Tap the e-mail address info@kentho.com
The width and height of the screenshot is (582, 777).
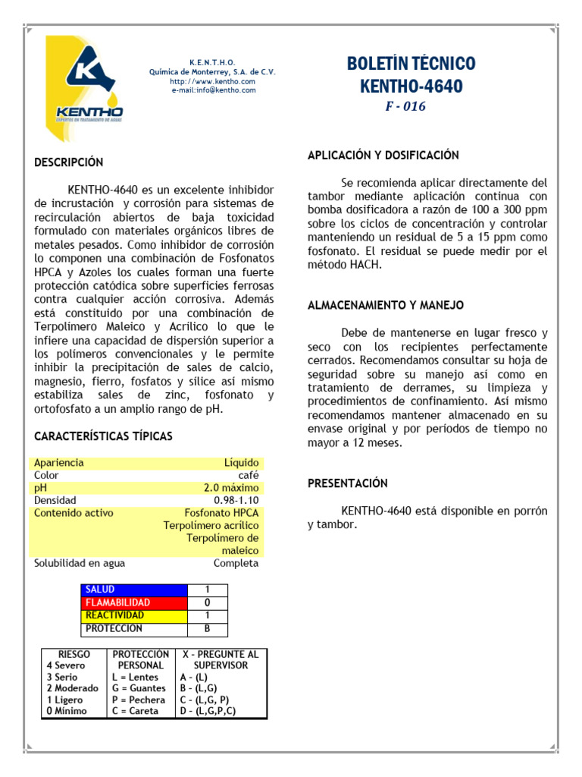tap(213, 90)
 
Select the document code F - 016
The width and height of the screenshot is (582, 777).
tap(405, 107)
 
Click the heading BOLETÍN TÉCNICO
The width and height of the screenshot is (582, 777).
tap(411, 64)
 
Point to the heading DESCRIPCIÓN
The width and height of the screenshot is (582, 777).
tap(68, 162)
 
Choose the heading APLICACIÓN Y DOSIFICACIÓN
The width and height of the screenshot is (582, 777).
tap(383, 155)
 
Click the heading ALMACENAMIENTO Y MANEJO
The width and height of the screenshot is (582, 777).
tap(386, 305)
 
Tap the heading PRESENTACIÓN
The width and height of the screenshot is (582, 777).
tap(348, 483)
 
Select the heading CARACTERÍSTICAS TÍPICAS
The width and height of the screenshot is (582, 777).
tap(103, 436)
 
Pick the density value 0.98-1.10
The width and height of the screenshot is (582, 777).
tap(236, 501)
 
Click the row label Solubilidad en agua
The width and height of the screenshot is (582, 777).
tap(80, 563)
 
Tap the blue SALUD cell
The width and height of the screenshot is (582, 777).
tap(134, 590)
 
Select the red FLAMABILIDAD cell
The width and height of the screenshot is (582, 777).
tap(134, 602)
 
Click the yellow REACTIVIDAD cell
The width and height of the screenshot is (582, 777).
tap(134, 615)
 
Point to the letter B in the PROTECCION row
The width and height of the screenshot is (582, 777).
tap(207, 628)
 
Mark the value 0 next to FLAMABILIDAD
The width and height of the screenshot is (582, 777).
tap(207, 602)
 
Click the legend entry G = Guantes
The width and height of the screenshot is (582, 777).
tap(138, 688)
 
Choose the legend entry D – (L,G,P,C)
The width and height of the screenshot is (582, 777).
tap(208, 711)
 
